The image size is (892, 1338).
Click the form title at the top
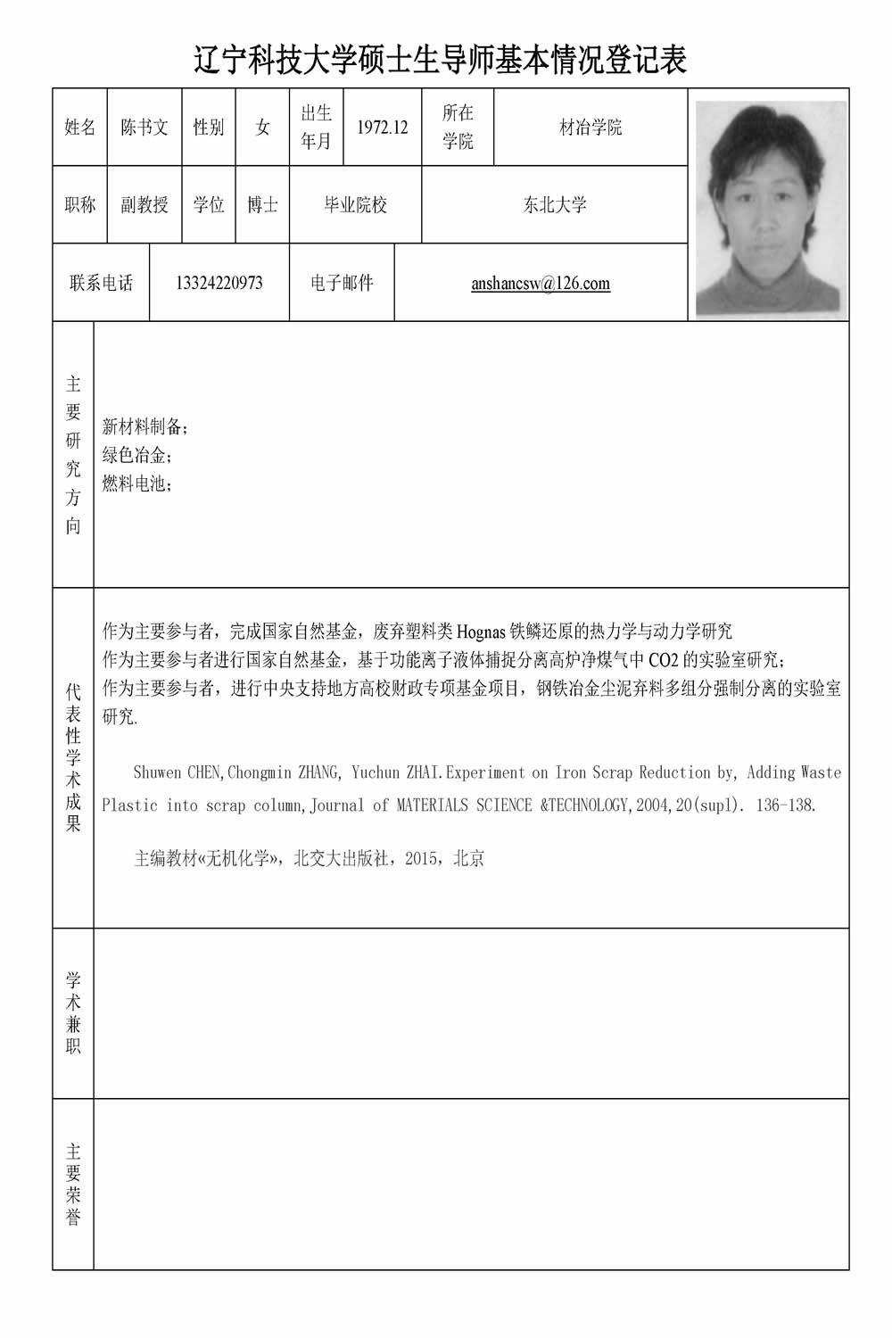coord(441,61)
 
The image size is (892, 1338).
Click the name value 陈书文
coord(145,128)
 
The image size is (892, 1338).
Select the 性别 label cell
coord(209,128)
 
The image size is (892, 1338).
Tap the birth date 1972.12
coord(382,128)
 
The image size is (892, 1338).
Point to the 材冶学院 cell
coord(591,128)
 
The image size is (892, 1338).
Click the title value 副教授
coord(145,205)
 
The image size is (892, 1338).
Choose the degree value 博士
coord(262,205)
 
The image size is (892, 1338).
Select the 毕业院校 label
coord(355,205)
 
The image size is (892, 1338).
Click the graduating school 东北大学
coord(555,205)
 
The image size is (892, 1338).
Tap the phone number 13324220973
coord(219,284)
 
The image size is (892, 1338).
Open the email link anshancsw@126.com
coord(541,284)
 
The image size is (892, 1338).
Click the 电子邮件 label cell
coord(342,284)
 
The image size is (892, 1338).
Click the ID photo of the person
coord(771,209)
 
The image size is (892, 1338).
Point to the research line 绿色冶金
coord(135,456)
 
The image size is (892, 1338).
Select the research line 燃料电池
coord(135,484)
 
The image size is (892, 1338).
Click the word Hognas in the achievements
coord(481,632)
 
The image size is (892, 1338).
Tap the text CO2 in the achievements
coord(664,661)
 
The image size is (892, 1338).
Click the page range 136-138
coord(784,805)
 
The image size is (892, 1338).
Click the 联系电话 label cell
coord(101,284)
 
